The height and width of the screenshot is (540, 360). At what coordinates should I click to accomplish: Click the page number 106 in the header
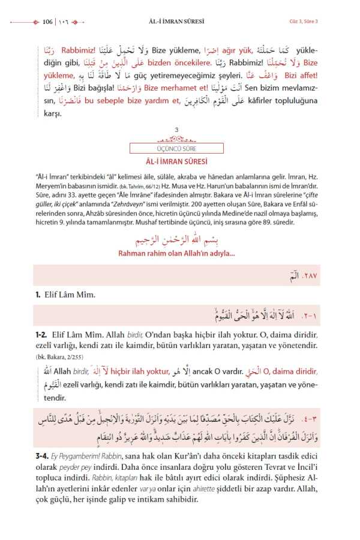click(48, 22)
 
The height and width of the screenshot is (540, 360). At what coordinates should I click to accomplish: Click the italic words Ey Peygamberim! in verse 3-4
click(79, 456)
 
